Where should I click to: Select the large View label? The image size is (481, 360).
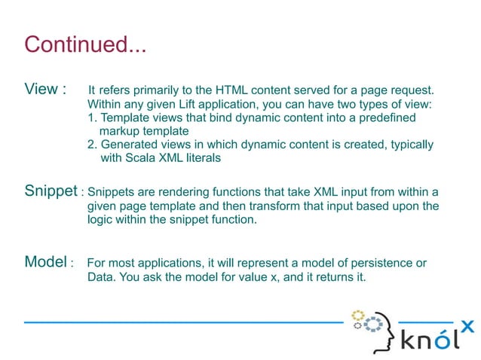point(41,90)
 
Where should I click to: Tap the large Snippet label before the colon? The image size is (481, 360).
point(51,191)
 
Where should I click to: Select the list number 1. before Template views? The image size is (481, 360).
point(93,118)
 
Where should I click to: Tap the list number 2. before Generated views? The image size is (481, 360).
point(93,145)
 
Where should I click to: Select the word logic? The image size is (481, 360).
point(100,220)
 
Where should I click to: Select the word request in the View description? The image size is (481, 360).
point(412,90)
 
